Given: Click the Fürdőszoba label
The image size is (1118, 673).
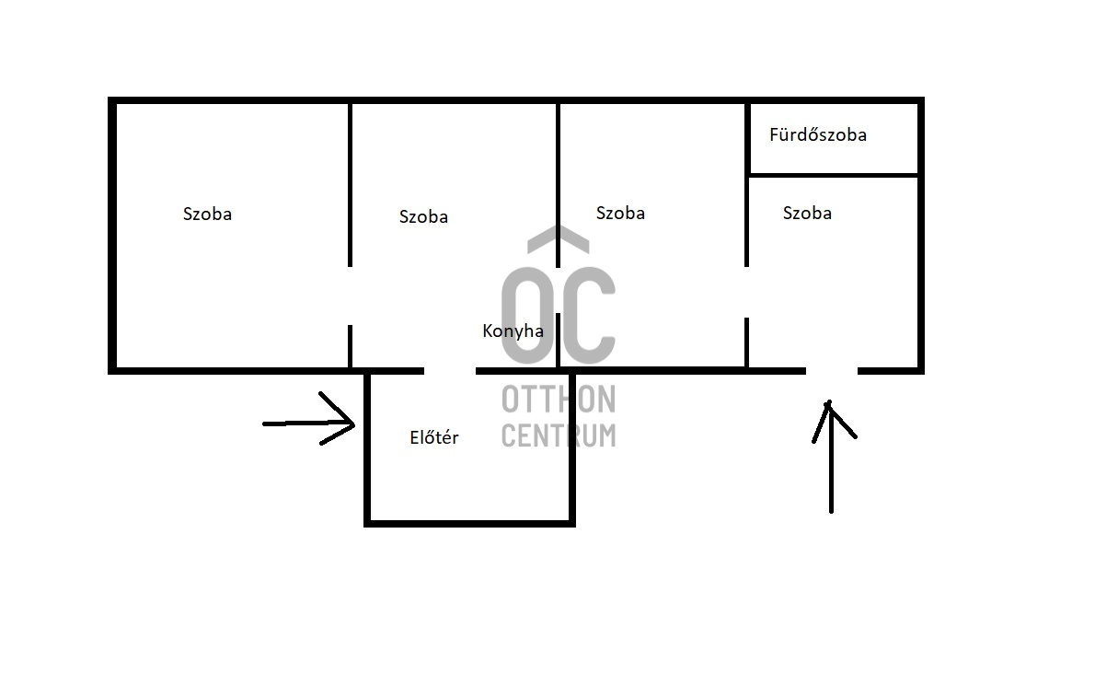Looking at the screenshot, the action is [817, 134].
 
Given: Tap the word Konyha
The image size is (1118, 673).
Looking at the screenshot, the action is [513, 331].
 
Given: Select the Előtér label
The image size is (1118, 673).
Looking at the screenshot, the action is [433, 437].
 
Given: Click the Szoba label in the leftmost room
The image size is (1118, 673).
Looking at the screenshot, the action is [207, 215].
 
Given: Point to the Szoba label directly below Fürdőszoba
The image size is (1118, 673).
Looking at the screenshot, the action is [807, 214].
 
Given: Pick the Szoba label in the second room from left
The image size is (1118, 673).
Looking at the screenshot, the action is [423, 216].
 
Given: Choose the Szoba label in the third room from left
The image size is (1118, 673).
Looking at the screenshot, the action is [620, 214].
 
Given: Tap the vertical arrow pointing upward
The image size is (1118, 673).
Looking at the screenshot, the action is [832, 457].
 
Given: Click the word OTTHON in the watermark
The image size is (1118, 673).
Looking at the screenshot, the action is [559, 400].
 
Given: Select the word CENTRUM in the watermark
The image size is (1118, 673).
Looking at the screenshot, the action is [559, 435].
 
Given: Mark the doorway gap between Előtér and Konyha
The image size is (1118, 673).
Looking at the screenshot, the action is [450, 371].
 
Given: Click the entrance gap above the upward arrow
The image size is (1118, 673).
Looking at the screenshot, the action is [832, 371].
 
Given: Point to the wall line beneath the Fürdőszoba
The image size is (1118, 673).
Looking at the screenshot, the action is [834, 175].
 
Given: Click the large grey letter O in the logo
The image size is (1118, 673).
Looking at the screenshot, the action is [527, 316].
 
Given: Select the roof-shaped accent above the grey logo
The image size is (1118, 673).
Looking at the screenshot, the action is [559, 239].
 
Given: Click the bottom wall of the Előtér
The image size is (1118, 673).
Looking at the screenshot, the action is [469, 524].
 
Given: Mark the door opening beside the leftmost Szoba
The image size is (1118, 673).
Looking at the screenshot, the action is [350, 296].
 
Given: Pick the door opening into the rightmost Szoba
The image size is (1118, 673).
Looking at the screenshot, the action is [746, 292].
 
